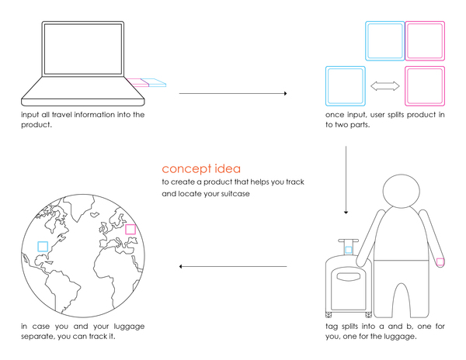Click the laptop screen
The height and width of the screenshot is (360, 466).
click(84, 54)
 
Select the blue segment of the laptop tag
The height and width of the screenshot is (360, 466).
click(156, 82)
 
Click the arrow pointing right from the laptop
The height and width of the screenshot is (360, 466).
click(232, 94)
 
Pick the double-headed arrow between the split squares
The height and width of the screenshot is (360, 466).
click(384, 88)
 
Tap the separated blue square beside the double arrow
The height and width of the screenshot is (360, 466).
click(345, 85)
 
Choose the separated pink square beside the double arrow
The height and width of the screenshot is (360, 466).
click(424, 85)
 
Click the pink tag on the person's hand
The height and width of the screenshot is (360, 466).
click(440, 262)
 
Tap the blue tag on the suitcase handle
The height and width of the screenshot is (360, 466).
click(347, 250)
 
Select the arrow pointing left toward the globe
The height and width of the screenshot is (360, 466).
click(232, 267)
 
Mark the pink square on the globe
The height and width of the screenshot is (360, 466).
click(130, 230)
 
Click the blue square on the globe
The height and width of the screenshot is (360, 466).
click(43, 247)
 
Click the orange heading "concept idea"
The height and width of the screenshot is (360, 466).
click(201, 168)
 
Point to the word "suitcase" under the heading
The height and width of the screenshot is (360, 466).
click(231, 194)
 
